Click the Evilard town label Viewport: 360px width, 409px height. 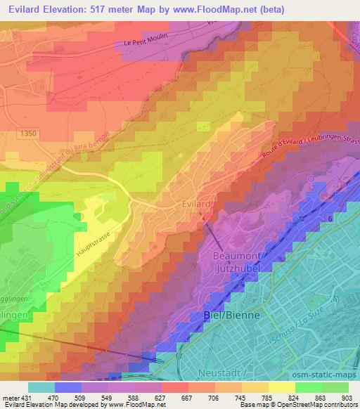193,204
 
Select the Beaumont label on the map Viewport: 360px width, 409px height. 237,257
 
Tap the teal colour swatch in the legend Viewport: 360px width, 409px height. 41,387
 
